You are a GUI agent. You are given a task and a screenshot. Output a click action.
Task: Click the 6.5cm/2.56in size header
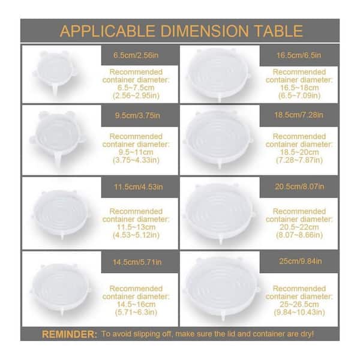[136, 55]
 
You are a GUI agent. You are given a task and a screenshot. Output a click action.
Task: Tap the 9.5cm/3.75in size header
[137, 115]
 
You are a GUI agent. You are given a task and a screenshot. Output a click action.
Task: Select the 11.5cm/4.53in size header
[139, 187]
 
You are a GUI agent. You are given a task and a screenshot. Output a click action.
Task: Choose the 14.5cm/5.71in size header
[137, 262]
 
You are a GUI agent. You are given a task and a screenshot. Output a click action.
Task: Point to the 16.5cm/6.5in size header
[299, 55]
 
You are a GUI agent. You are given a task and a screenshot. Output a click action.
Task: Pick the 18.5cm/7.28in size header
[299, 115]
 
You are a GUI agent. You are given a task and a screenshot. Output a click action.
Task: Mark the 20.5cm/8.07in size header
[299, 186]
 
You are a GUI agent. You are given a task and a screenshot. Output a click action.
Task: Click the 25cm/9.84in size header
[301, 261]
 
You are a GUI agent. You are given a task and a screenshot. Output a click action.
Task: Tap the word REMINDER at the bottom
[70, 334]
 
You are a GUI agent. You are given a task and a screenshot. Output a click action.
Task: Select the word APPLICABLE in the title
[107, 31]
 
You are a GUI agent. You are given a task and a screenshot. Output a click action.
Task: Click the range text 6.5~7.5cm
[136, 88]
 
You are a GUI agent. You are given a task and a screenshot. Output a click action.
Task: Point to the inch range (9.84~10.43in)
[299, 312]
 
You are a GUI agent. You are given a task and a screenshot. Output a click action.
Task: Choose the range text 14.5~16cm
[136, 304]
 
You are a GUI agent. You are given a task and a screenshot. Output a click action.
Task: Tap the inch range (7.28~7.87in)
[299, 160]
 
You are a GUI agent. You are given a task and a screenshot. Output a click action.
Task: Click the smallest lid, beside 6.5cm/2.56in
[55, 72]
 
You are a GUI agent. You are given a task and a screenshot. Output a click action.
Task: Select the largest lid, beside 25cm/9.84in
[222, 287]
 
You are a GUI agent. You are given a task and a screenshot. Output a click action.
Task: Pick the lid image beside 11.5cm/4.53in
[61, 214]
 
